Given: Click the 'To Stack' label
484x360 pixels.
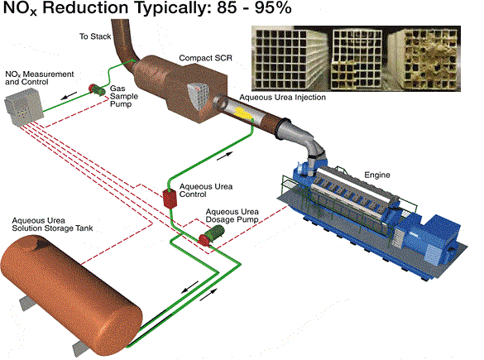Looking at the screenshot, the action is (95, 36).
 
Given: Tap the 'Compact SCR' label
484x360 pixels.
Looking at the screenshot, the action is (205, 58).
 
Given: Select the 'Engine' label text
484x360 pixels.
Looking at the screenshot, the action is (377, 175).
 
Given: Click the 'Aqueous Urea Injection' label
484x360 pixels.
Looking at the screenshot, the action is (282, 98).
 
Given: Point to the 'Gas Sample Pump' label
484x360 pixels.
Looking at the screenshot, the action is (124, 96).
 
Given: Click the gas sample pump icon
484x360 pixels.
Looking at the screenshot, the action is (97, 89).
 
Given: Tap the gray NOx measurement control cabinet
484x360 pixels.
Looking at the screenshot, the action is (24, 107).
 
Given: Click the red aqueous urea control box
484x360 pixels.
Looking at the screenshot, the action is (170, 199).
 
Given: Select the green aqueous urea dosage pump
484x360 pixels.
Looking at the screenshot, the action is (211, 235).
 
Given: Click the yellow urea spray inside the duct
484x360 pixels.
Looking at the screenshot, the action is (243, 113).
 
